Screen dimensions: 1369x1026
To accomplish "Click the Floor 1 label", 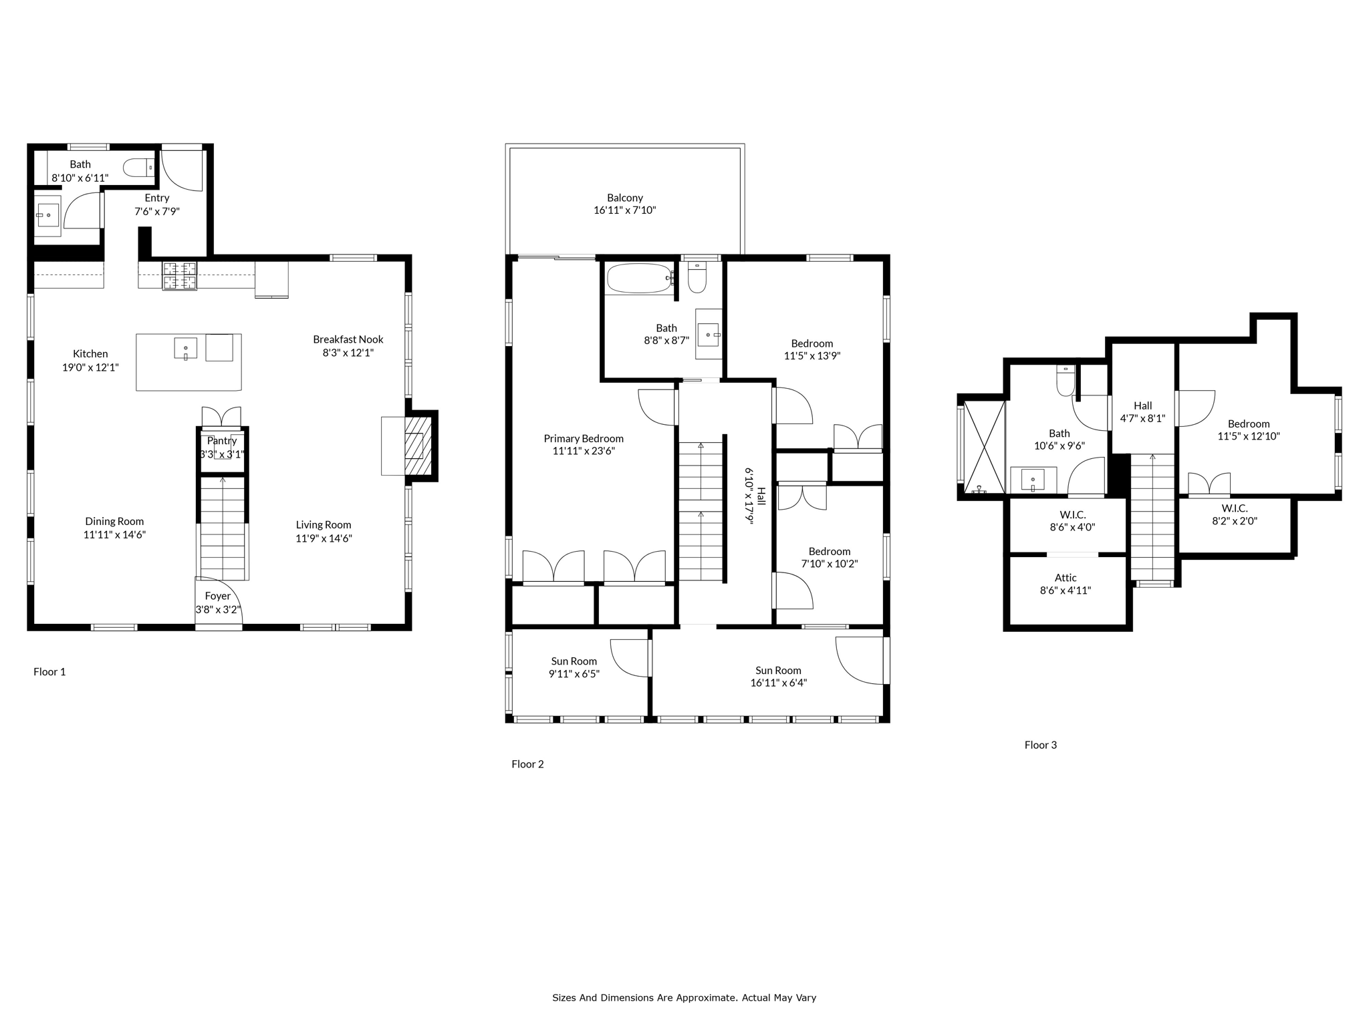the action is (49, 672).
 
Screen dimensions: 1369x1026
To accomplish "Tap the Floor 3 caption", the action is (1041, 745).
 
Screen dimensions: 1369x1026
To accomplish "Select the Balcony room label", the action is (625, 198).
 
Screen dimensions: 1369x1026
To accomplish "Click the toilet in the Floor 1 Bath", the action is (139, 167).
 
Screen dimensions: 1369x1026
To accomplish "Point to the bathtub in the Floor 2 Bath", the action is (640, 279).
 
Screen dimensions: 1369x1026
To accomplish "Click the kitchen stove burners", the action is (180, 276).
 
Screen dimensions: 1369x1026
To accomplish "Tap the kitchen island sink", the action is (186, 348).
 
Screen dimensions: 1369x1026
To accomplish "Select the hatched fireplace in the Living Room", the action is (414, 446).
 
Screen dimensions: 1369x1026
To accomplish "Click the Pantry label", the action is (222, 441).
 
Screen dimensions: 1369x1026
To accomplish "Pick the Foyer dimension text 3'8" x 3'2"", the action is (218, 609).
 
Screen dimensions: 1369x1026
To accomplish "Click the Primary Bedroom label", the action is (584, 439).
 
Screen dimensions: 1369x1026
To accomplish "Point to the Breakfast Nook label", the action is (348, 339).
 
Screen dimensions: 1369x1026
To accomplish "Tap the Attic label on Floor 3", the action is (1066, 578).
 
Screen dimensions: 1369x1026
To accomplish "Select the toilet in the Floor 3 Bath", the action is (1066, 380).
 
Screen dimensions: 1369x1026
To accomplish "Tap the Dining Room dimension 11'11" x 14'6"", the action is (114, 534).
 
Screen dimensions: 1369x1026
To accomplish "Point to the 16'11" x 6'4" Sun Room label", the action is (779, 683).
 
